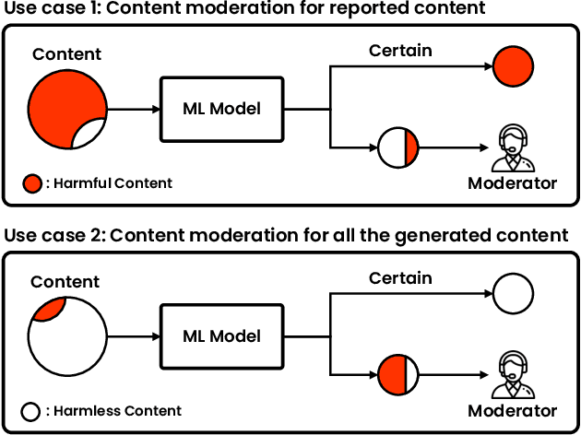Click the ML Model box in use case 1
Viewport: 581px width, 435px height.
coord(220,109)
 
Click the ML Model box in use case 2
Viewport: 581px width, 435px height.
coord(220,337)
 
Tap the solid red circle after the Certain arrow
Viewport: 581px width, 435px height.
coord(514,67)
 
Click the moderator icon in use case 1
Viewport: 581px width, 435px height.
coord(513,147)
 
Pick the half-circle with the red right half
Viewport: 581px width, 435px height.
coord(398,148)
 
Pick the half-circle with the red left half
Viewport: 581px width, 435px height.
coord(398,376)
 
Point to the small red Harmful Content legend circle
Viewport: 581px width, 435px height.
coord(33,183)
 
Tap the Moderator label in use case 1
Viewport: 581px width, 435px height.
coord(513,182)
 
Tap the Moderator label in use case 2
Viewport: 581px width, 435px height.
coord(513,411)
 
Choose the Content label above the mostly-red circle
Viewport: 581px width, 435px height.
coord(66,53)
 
